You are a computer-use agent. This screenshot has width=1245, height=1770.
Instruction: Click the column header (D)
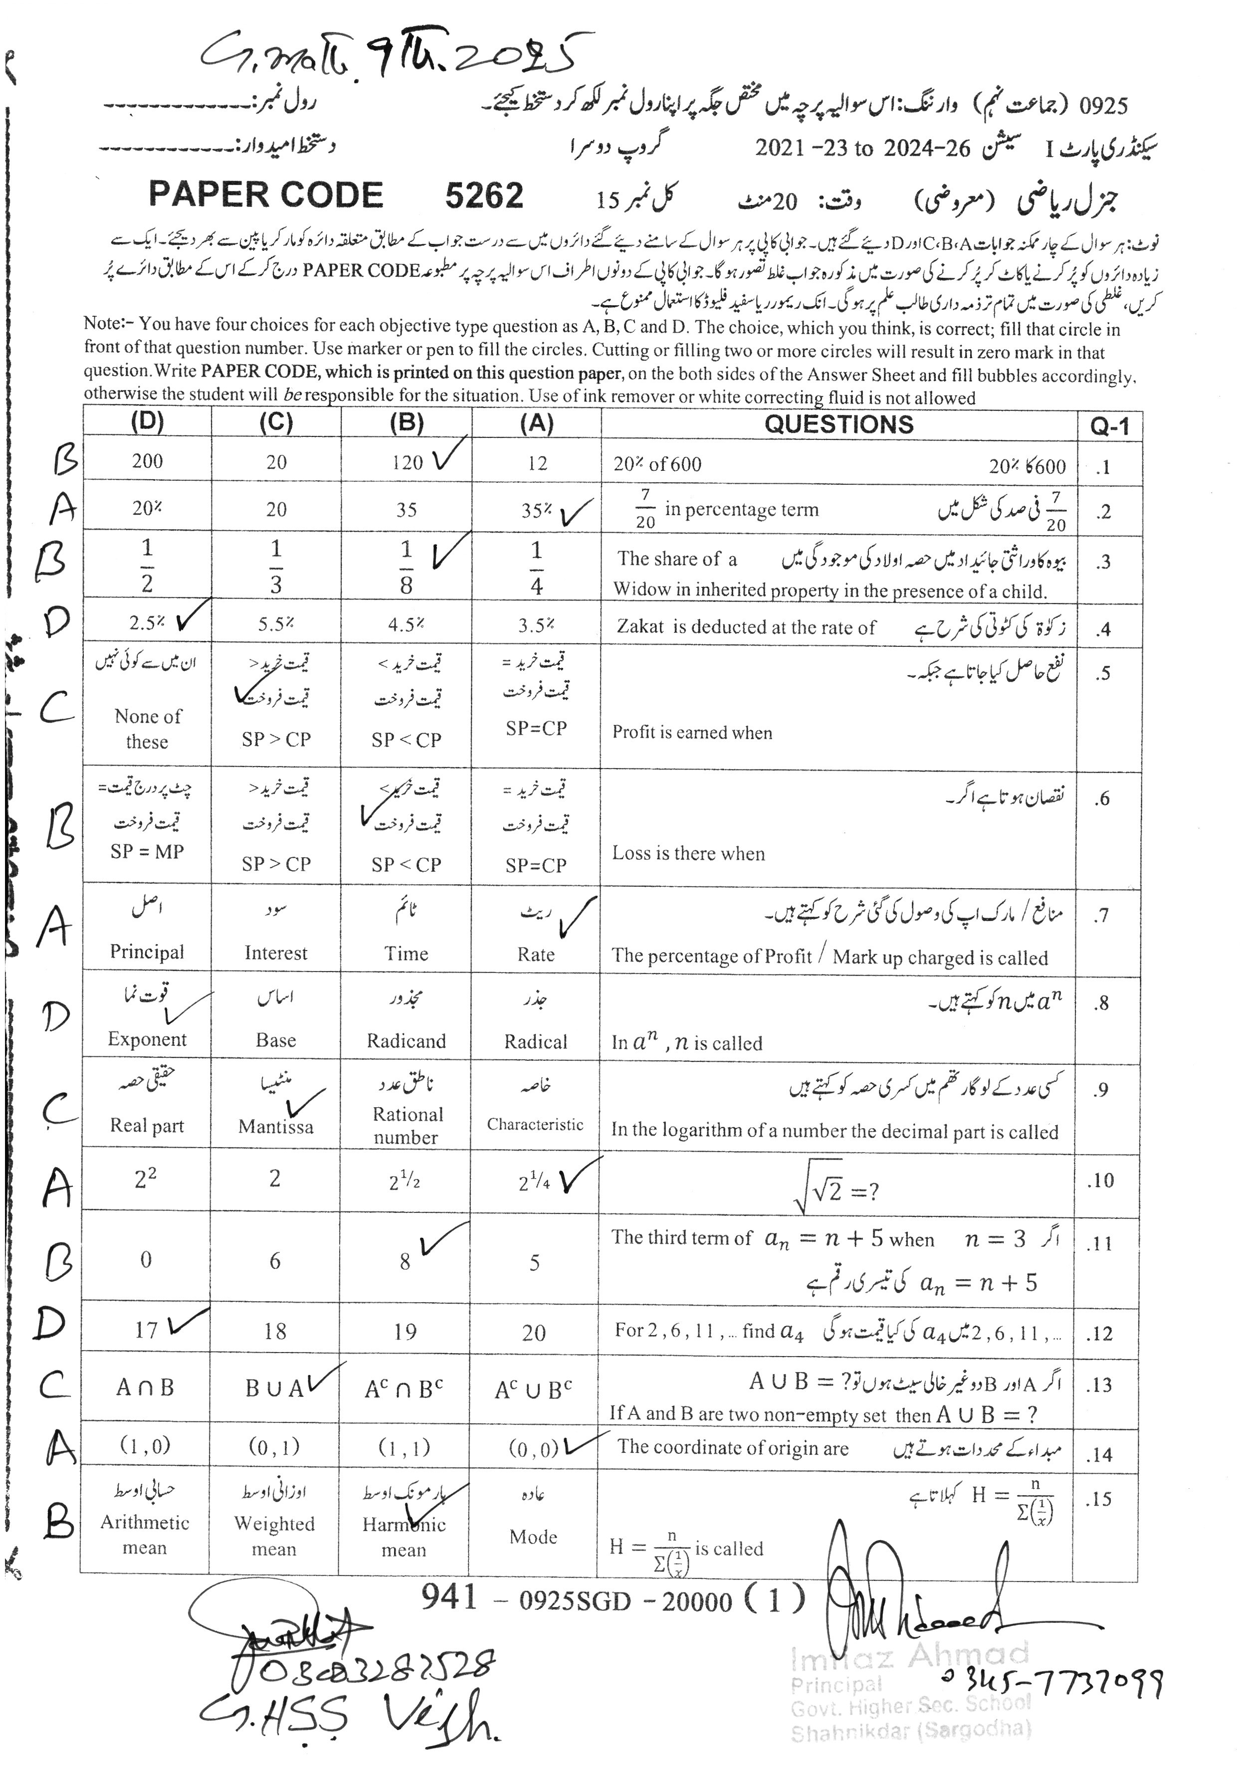(x=147, y=422)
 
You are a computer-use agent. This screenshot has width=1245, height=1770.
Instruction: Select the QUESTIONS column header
(x=839, y=424)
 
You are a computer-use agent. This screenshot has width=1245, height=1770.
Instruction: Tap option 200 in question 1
(x=147, y=461)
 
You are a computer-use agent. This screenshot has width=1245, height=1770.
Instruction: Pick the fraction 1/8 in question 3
(x=406, y=567)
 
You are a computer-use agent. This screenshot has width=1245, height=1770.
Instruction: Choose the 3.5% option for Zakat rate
(x=536, y=625)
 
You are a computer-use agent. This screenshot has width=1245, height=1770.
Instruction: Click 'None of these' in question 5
(x=147, y=729)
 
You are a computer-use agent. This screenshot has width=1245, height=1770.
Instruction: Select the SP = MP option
(x=147, y=851)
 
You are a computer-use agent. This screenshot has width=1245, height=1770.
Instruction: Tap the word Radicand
(x=406, y=1041)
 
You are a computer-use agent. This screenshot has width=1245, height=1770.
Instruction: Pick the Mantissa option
(x=276, y=1126)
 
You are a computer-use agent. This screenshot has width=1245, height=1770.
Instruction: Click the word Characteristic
(x=535, y=1124)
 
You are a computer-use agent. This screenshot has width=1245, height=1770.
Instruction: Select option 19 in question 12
(x=406, y=1331)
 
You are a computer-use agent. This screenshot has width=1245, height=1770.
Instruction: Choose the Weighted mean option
(x=274, y=1536)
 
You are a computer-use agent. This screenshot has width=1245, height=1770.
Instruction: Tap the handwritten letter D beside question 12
(x=49, y=1324)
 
